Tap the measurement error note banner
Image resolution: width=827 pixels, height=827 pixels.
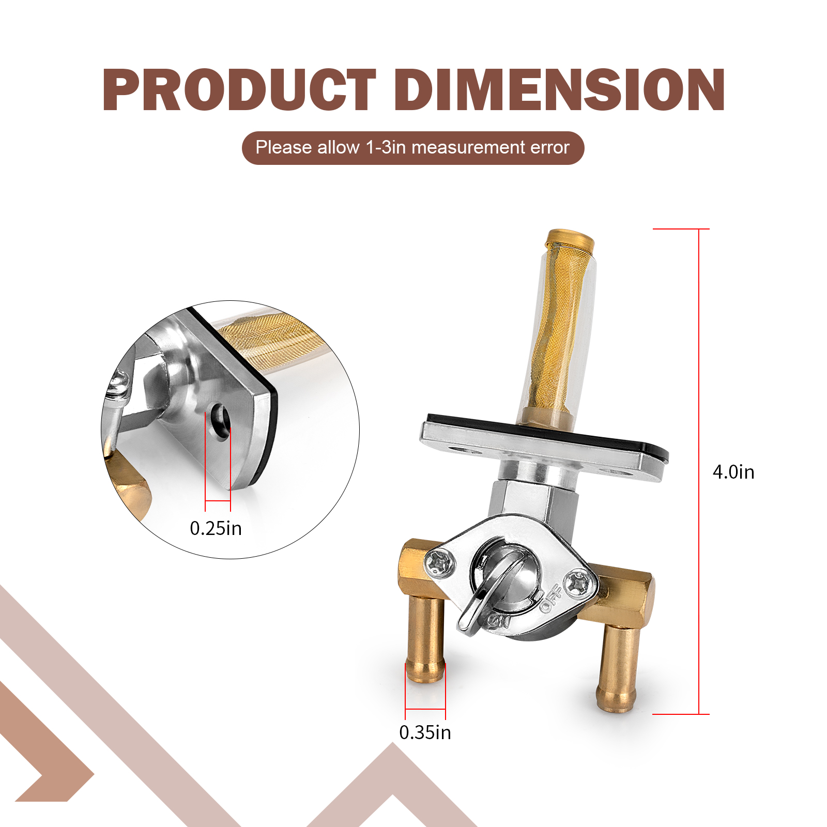click(413, 148)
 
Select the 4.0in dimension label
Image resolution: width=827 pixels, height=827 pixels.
click(733, 472)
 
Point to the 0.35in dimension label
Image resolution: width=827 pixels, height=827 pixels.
click(425, 732)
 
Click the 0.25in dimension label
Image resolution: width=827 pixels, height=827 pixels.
click(216, 528)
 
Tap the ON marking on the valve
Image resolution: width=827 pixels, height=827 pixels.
click(500, 621)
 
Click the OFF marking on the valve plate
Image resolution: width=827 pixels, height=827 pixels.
click(551, 598)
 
